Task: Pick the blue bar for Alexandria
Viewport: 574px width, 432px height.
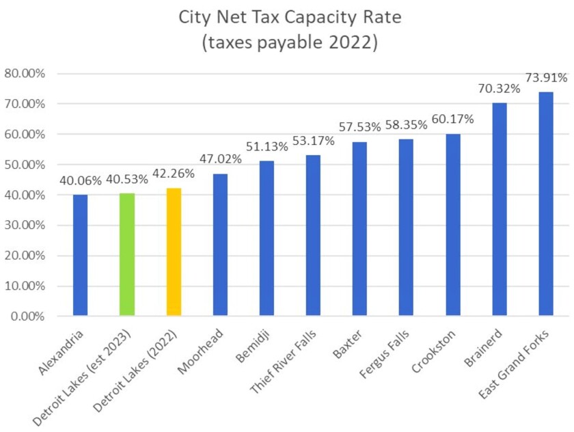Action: [81, 255]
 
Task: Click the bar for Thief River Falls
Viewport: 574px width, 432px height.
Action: [313, 235]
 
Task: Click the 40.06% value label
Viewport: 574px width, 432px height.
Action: [81, 180]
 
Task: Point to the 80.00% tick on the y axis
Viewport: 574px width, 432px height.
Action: [25, 74]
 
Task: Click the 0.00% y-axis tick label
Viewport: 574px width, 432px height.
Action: [27, 316]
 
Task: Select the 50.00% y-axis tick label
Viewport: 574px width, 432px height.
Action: [25, 165]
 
